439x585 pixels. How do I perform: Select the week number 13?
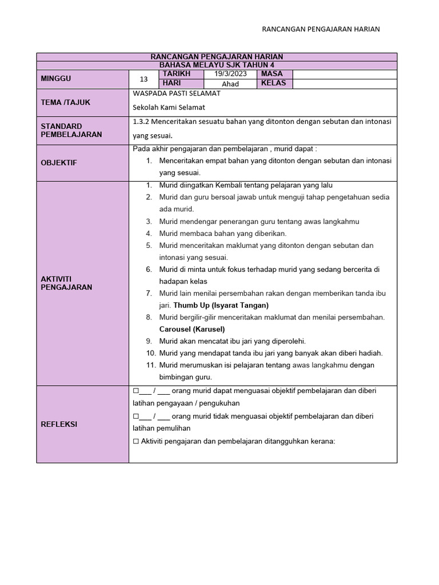tap(143, 79)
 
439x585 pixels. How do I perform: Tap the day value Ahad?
tap(230, 83)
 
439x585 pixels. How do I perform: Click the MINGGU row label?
tap(56, 79)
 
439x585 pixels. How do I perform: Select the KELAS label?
tap(273, 83)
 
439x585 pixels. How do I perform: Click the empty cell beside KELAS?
tap(345, 83)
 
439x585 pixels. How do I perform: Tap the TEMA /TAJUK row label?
tap(66, 102)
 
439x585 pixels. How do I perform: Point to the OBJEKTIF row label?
tap(59, 163)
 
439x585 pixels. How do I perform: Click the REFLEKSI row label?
tap(59, 424)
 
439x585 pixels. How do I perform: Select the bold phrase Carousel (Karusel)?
tap(191, 329)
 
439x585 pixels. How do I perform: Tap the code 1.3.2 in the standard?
tap(141, 122)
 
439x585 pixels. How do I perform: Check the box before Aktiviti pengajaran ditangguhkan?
tap(135, 441)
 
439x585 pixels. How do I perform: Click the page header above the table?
tap(320, 29)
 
